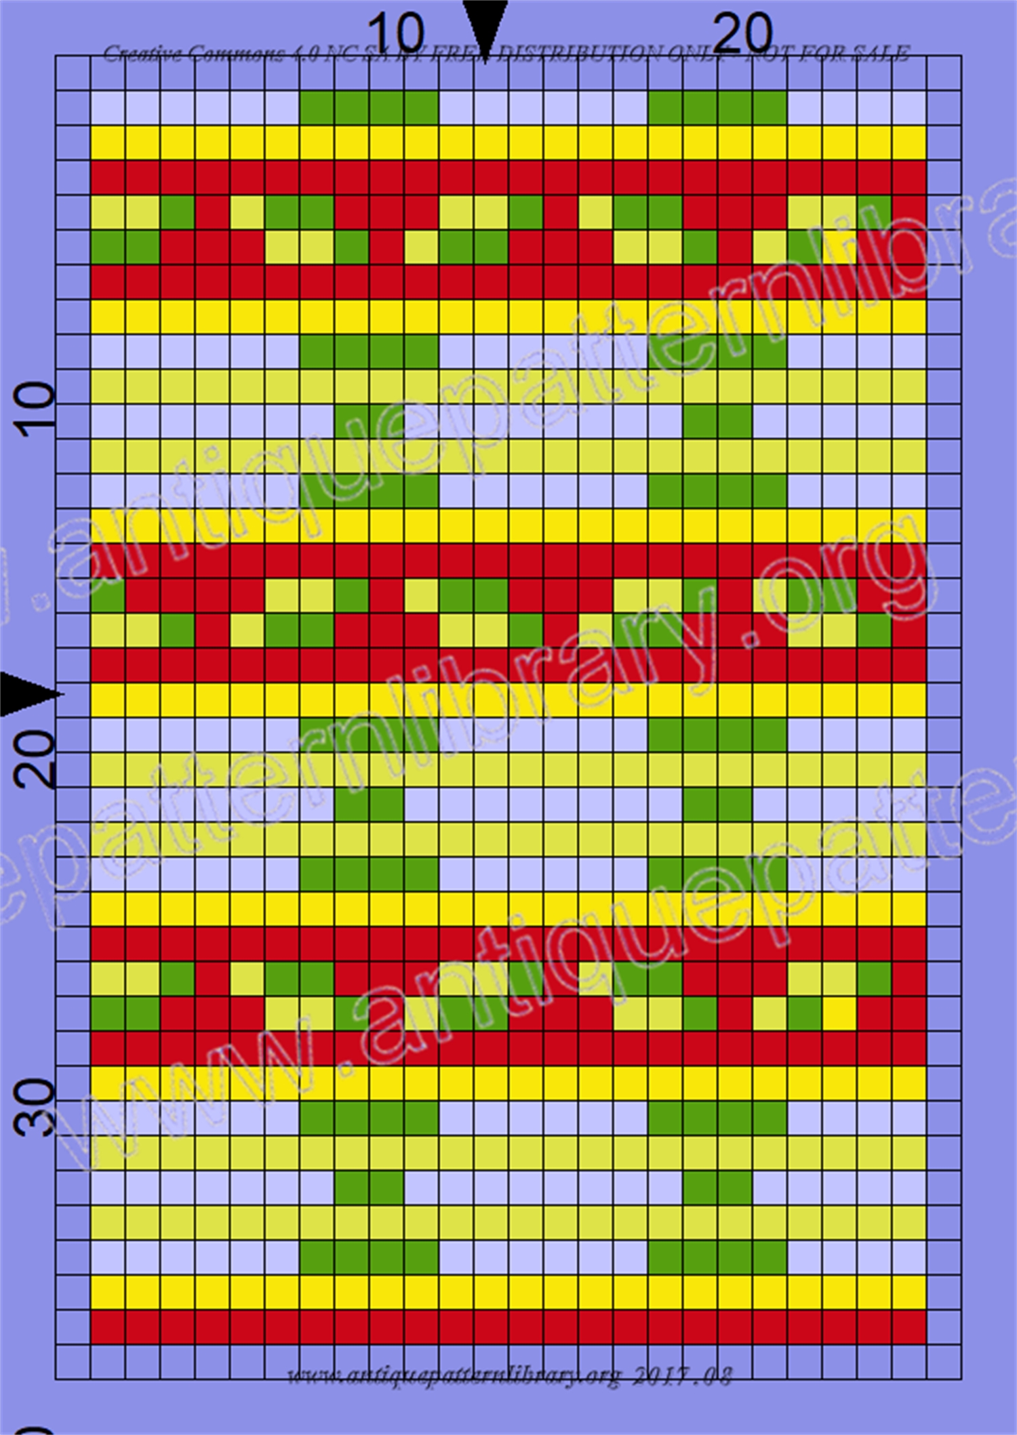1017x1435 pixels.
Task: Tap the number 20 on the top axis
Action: [x=743, y=33]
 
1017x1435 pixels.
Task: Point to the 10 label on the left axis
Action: [x=38, y=404]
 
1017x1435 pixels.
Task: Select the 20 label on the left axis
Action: [x=38, y=759]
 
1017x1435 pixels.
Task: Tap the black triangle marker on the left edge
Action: [x=27, y=694]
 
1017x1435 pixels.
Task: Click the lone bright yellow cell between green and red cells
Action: [x=839, y=1014]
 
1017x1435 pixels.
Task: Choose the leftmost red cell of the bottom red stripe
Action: [x=108, y=1327]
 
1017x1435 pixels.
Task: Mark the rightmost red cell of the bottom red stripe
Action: [x=909, y=1327]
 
